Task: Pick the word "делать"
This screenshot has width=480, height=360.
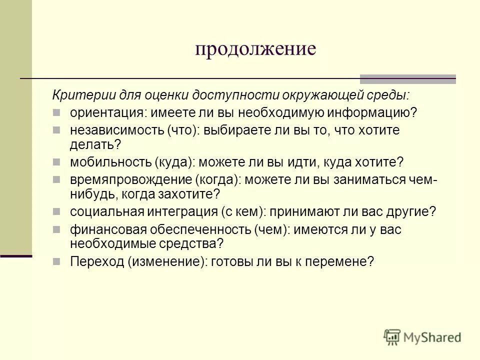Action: (x=93, y=144)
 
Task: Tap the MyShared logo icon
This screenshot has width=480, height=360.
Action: (x=392, y=337)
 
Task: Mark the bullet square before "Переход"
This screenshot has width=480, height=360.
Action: (x=58, y=261)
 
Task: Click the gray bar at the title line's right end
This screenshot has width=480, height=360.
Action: (x=407, y=78)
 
